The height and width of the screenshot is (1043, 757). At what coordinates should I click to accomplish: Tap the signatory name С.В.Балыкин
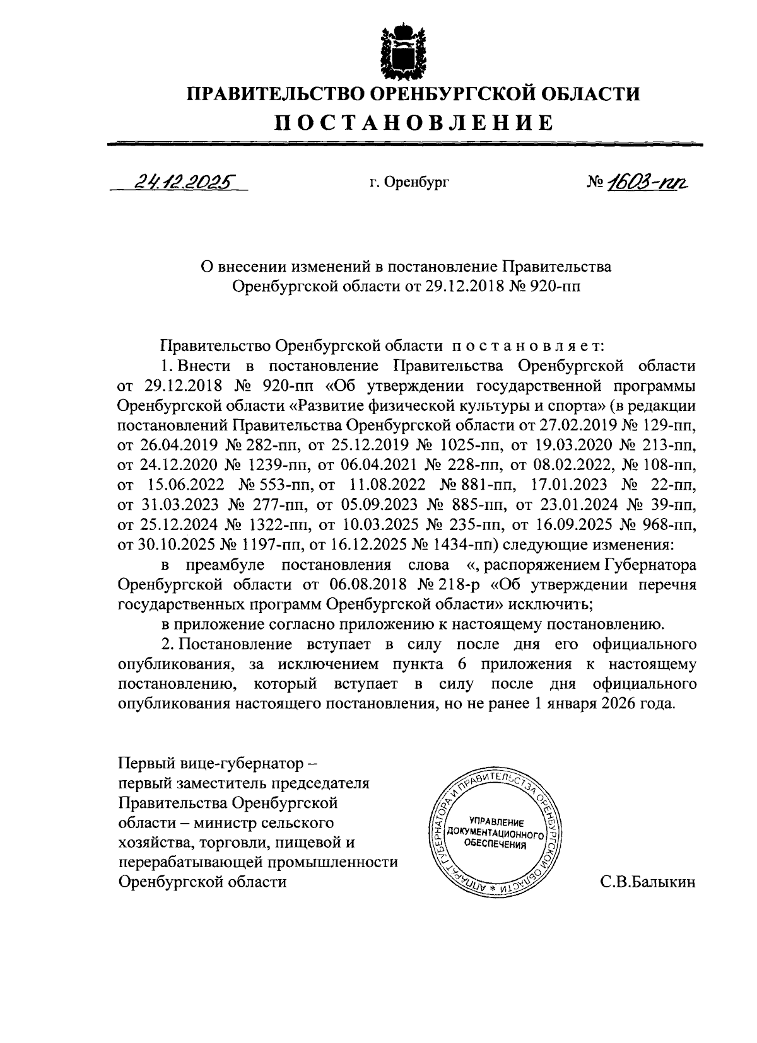[x=648, y=882]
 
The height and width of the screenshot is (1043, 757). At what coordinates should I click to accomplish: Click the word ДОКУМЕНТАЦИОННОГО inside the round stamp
[x=495, y=834]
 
